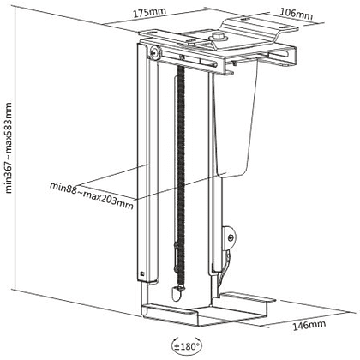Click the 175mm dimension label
point(149,13)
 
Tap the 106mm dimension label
point(296,14)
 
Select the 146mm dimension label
point(309,325)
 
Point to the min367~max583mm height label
point(9,147)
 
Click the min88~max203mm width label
point(92,195)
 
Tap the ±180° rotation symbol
point(186,346)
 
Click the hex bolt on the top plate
point(218,36)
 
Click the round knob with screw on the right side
point(230,237)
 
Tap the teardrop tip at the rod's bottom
point(177,293)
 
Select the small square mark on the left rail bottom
point(142,273)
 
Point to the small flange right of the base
point(248,297)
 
